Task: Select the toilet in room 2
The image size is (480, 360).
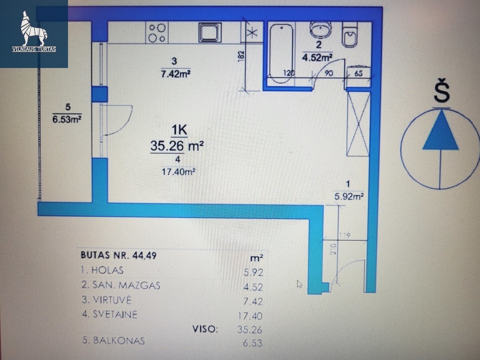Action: point(350,34)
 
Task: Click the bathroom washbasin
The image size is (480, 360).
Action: point(320,30)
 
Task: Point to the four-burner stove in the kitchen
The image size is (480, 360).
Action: point(157,33)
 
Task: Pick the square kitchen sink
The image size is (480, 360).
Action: point(210,33)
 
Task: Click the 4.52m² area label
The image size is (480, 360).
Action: point(317,58)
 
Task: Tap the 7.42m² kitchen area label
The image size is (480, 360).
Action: point(176,74)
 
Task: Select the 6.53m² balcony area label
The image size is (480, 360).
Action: point(67,119)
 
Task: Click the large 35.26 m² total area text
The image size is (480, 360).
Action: point(177,146)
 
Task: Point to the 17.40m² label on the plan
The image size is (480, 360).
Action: point(178,172)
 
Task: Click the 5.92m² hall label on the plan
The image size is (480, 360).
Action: point(349,196)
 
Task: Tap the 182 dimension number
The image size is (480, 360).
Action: point(240,56)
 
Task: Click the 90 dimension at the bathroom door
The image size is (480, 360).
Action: point(328,73)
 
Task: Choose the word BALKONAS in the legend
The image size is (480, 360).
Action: point(119,341)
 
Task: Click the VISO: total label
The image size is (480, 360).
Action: point(205,329)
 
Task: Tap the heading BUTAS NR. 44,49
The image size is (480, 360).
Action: point(119,255)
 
